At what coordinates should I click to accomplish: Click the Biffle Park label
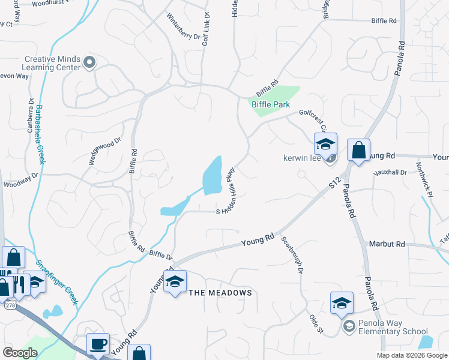pos(270,104)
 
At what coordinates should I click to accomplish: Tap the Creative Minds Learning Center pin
pos(89,62)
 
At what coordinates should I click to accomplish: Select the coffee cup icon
pos(98,344)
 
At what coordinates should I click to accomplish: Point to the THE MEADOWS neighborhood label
pos(220,292)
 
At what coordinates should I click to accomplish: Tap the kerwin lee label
pos(303,159)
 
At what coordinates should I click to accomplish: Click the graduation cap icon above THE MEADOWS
pos(175,281)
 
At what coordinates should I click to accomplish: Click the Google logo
pos(20,352)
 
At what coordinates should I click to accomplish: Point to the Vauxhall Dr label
pos(390,172)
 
